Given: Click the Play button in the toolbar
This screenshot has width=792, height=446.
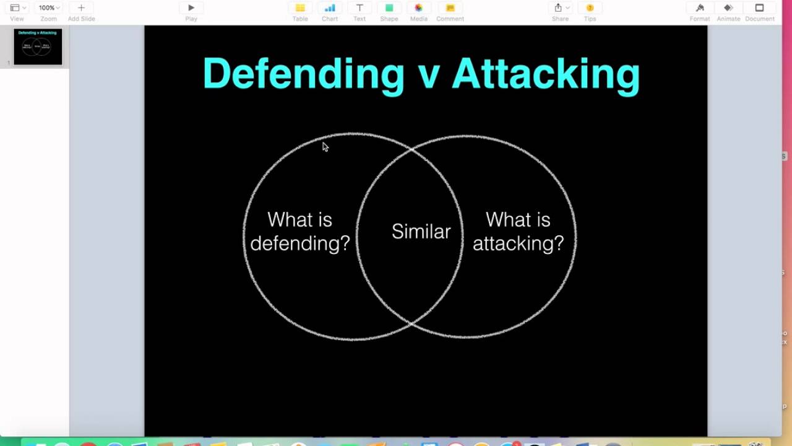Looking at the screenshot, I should (191, 8).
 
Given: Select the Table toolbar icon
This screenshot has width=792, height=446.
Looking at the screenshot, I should (300, 8).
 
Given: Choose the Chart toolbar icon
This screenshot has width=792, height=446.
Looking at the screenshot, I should (330, 8).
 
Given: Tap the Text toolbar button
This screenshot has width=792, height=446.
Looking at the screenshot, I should (359, 8).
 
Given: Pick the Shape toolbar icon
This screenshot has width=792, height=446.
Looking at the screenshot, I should (389, 8).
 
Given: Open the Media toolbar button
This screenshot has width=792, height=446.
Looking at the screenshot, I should (419, 8).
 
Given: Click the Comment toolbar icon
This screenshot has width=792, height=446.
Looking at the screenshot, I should (450, 8).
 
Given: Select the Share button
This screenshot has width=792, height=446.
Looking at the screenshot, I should (559, 8).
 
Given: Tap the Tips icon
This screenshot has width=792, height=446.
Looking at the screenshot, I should (590, 8).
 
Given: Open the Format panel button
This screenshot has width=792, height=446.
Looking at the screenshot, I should (700, 8).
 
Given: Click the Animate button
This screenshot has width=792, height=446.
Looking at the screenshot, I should (728, 8).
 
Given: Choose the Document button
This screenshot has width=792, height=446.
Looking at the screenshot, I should (759, 8).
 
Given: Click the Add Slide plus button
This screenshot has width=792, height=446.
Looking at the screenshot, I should (81, 8).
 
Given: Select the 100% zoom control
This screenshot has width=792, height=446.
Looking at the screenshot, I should (48, 8).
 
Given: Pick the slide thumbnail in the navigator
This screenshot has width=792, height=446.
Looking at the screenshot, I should (38, 46).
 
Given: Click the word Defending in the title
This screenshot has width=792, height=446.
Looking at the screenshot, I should (303, 74).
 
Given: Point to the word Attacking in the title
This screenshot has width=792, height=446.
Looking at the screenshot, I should (546, 74).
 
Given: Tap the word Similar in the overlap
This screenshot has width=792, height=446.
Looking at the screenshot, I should (421, 232).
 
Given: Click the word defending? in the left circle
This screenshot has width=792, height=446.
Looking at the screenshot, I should (300, 243).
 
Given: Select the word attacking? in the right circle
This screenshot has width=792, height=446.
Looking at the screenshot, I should (518, 243).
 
